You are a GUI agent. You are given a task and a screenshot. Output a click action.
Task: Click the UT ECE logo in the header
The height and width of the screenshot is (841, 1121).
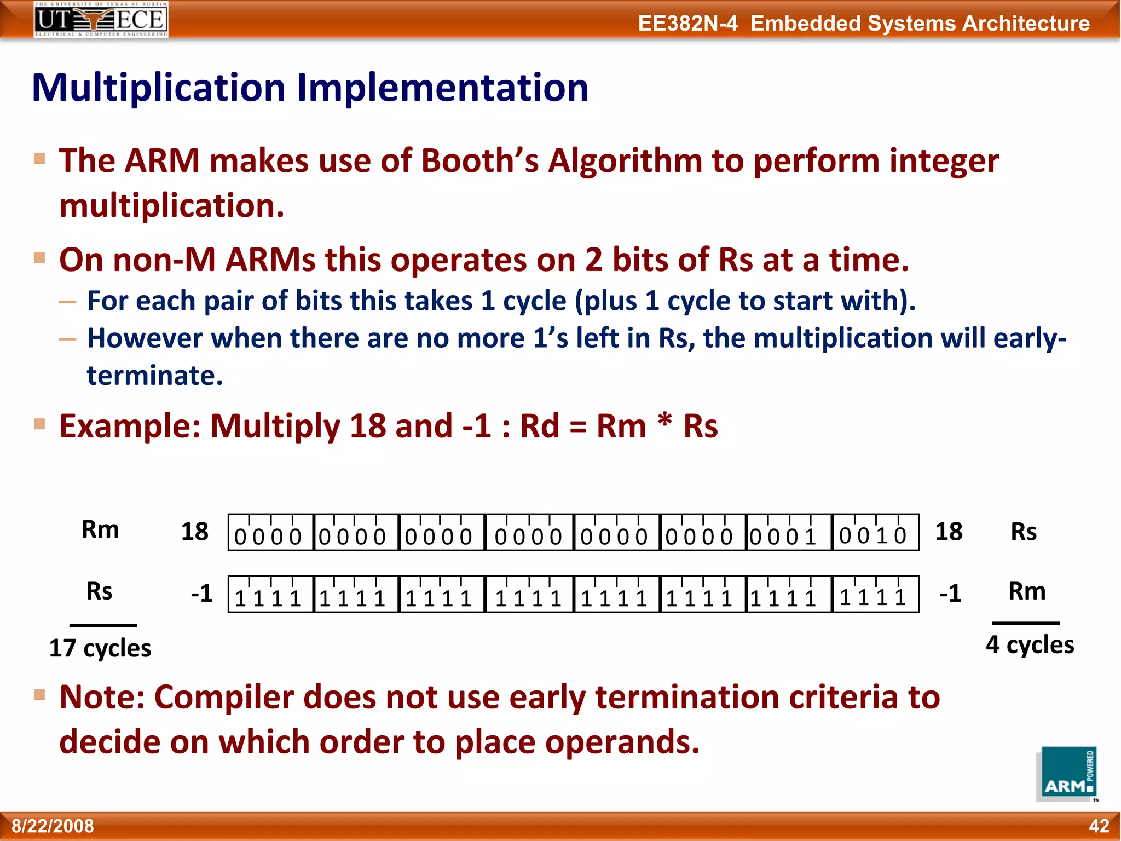click(101, 20)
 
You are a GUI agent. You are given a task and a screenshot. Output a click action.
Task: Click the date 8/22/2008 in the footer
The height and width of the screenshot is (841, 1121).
click(53, 826)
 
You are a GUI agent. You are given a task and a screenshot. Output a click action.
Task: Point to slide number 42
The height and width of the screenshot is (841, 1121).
click(1099, 826)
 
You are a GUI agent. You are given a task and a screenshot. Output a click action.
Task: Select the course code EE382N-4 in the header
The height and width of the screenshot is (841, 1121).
click(687, 24)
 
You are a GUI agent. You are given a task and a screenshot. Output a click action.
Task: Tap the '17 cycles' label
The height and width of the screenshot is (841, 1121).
click(100, 648)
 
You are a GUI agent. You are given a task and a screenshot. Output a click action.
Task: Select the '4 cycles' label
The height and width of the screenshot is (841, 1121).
click(1030, 644)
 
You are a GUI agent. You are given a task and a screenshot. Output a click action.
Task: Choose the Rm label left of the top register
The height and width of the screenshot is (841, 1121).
click(100, 529)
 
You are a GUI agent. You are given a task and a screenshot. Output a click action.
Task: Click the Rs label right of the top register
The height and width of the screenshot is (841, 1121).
click(1024, 532)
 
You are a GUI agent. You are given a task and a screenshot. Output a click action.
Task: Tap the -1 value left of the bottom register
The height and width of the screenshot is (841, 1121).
click(201, 594)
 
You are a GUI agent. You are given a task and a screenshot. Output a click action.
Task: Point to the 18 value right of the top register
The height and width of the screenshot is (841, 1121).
click(949, 532)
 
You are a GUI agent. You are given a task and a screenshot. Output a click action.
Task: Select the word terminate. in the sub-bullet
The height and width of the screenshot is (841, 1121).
click(155, 376)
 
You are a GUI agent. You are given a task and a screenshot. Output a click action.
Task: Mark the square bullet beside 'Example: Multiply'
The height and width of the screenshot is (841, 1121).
click(39, 424)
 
